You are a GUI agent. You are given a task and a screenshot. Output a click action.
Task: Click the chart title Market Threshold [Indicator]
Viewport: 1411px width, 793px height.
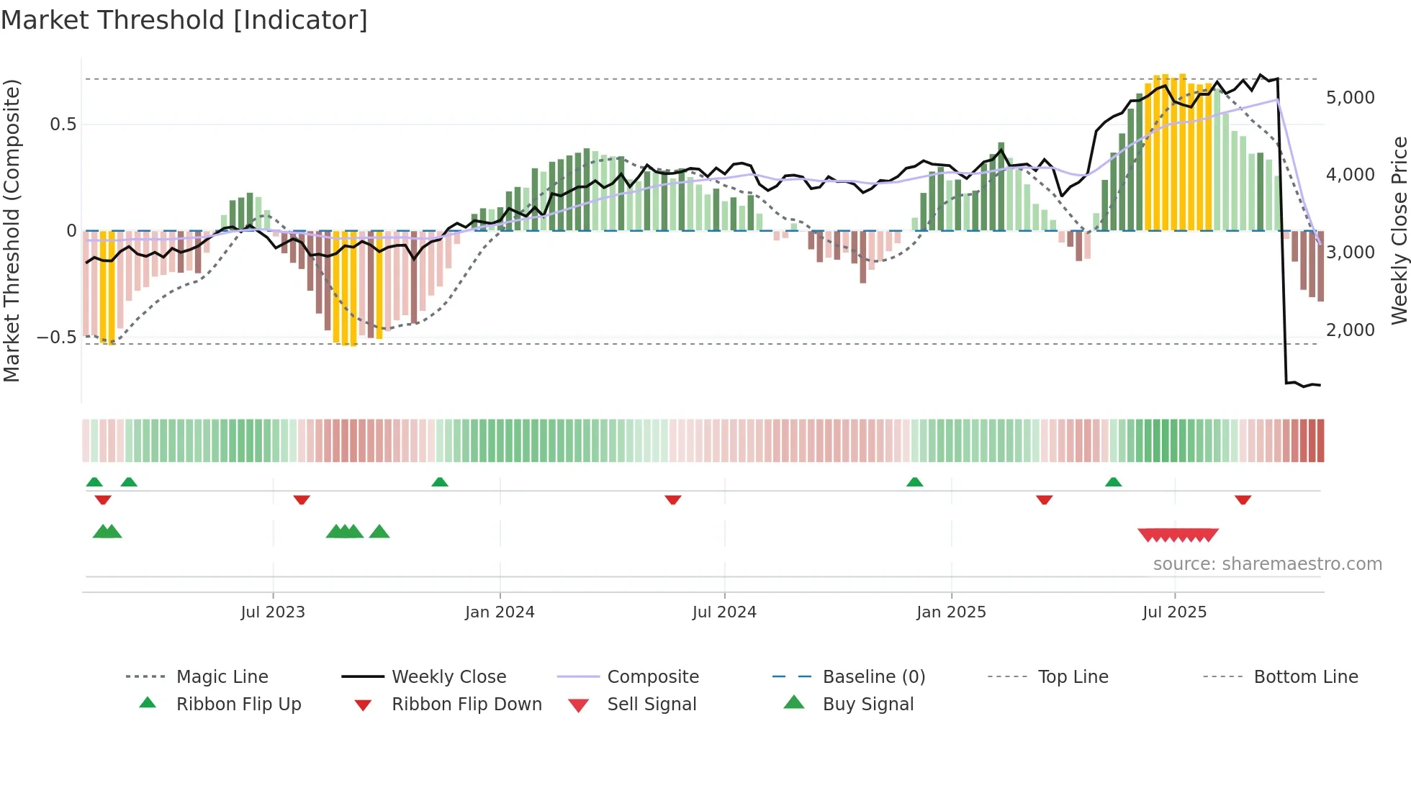coord(184,20)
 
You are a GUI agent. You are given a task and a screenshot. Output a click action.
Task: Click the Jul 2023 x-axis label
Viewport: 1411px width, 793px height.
coord(273,612)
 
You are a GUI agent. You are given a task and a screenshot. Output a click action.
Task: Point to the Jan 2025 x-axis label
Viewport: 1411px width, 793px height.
coord(951,612)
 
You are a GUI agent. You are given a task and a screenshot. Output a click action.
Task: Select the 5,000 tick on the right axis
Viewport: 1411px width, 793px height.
coord(1350,97)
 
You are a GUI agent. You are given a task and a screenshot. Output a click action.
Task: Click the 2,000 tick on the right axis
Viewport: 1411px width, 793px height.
coord(1350,330)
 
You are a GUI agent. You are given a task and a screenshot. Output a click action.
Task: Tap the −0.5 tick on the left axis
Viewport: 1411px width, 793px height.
coord(56,337)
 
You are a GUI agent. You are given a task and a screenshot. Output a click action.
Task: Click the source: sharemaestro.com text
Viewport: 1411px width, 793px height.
coord(1267,563)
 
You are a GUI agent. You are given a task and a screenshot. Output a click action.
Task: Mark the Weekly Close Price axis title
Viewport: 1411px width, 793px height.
coord(1399,230)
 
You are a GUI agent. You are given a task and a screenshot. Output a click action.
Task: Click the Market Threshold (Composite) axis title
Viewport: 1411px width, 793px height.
coord(12,230)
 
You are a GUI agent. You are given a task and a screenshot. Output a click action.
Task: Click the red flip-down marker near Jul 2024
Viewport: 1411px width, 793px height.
coord(673,499)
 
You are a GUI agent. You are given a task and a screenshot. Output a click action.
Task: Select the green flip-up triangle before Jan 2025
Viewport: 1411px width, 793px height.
coord(914,482)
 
